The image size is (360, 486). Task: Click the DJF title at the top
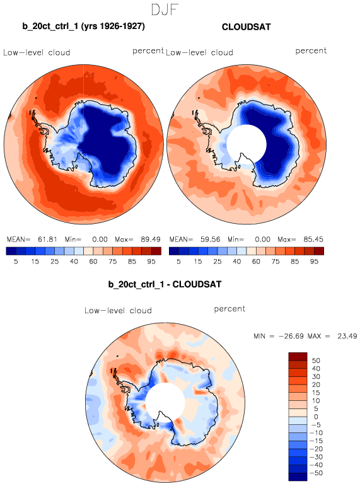coord(165,9)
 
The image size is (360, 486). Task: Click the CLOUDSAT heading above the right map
coord(247,27)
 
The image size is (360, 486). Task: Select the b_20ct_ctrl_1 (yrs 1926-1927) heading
coord(83,26)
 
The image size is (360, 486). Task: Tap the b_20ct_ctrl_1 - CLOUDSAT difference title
coord(165,284)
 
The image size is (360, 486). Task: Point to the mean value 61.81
coord(47,240)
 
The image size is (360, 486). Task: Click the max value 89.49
coord(151,240)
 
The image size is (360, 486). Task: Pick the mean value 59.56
coord(210,240)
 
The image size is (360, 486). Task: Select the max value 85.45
coord(313,240)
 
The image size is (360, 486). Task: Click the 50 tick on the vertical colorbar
coord(316,361)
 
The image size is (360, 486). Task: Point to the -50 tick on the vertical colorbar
coord(316,473)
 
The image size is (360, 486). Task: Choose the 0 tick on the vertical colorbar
coord(316,417)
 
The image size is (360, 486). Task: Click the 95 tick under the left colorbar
coord(151,262)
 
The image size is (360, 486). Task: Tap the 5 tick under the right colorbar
coord(178,262)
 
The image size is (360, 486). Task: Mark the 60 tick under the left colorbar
coord(93,262)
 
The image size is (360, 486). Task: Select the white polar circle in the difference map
coord(165,402)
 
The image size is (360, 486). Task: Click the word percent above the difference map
coord(229,309)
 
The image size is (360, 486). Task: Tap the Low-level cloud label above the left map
coord(37,52)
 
